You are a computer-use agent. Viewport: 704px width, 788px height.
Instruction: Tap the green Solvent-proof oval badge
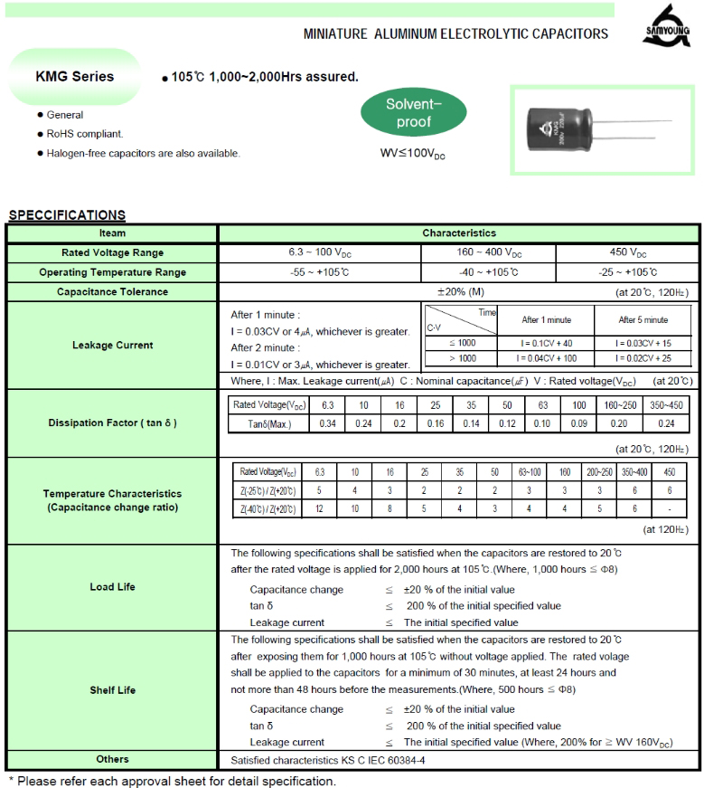click(414, 113)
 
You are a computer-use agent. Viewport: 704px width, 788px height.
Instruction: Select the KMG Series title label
click(74, 77)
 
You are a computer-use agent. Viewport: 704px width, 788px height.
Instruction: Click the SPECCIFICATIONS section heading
click(67, 215)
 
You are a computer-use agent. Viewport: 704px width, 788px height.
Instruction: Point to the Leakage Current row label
click(113, 345)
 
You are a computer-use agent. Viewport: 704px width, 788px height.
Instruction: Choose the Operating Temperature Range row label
click(113, 272)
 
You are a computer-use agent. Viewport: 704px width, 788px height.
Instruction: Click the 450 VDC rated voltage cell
click(628, 253)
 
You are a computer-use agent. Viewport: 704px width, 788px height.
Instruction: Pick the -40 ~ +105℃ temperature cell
click(489, 272)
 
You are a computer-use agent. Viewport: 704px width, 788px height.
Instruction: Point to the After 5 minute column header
click(643, 319)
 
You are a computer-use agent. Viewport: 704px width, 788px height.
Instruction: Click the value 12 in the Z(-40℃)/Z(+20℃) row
click(319, 508)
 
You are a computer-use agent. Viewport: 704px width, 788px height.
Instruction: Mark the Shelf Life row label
click(113, 690)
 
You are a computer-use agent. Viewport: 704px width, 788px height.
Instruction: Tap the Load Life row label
click(113, 587)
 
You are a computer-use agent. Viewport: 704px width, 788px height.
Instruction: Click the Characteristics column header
click(459, 233)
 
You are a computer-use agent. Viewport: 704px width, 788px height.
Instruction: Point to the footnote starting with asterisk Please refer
click(172, 780)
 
